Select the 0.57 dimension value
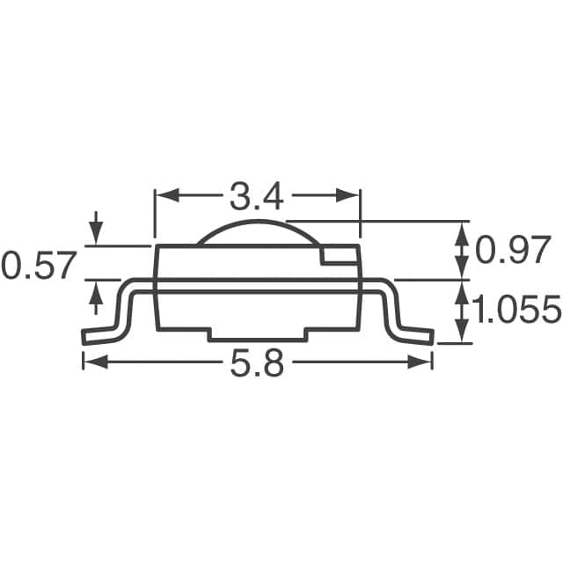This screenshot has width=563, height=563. click(x=40, y=265)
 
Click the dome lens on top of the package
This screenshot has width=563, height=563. click(x=255, y=232)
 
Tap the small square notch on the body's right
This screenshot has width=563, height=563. click(x=339, y=255)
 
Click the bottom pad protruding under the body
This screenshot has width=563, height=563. click(x=256, y=335)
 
